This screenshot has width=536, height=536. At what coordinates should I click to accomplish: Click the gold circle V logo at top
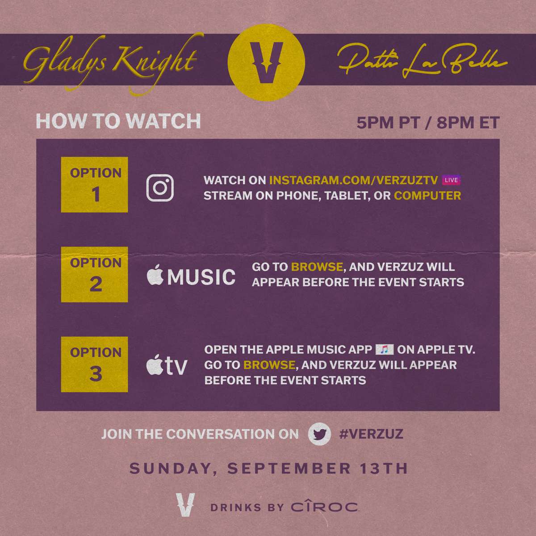click(266, 62)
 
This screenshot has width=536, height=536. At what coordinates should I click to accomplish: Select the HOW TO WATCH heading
click(118, 121)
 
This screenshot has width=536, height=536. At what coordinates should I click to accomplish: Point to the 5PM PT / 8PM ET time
click(428, 123)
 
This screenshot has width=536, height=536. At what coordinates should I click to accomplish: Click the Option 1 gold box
click(95, 184)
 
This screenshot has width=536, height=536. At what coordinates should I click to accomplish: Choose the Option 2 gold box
click(95, 275)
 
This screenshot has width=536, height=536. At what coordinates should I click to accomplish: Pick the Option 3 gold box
click(95, 364)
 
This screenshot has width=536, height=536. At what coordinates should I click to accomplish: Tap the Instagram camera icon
click(160, 188)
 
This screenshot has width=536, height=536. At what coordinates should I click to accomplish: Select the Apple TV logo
click(167, 364)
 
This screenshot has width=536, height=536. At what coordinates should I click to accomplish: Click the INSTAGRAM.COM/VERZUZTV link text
click(353, 180)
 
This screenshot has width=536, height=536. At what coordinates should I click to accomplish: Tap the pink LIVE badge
click(451, 180)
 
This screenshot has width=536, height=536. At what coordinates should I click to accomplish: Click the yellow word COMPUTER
click(427, 196)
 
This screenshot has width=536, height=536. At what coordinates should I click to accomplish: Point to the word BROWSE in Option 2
click(317, 267)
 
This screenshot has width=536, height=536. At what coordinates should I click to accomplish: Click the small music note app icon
click(385, 349)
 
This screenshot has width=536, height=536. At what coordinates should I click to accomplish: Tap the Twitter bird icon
click(320, 434)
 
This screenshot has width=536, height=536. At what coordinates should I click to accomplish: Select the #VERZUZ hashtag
click(371, 434)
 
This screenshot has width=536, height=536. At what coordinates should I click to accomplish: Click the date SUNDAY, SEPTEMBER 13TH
click(269, 468)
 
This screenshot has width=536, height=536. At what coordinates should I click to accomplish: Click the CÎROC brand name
click(324, 507)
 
